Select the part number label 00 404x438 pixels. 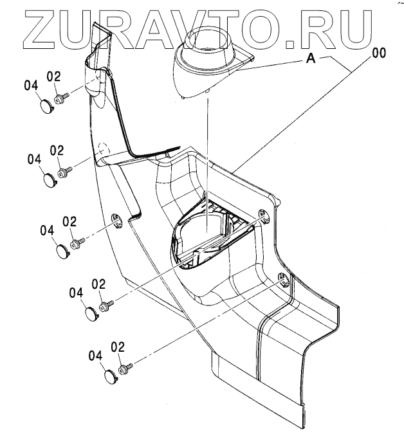pos(378,54)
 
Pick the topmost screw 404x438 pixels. pos(62,98)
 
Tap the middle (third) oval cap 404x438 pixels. pos(60,250)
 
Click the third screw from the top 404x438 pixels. pos(77,242)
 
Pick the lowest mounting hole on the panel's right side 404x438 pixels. pos(283,279)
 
